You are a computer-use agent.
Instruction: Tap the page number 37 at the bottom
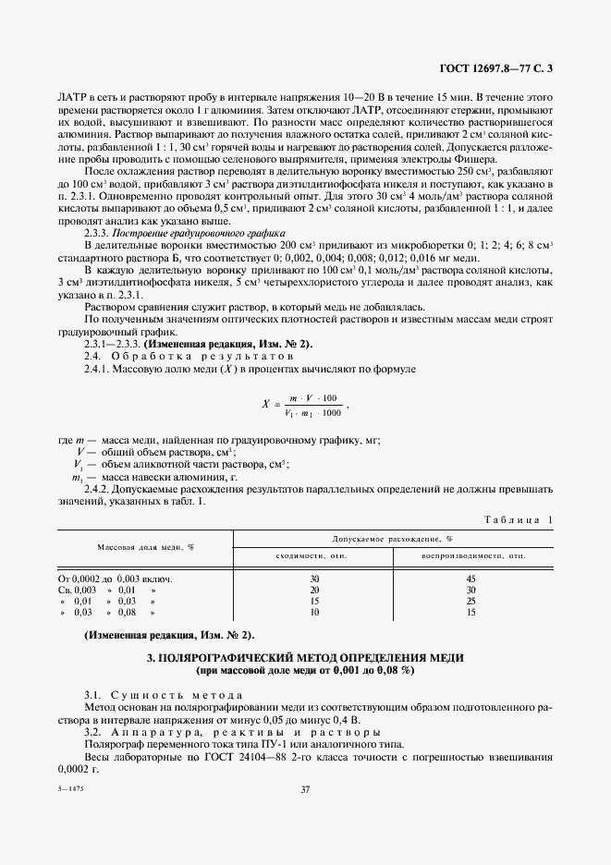305,788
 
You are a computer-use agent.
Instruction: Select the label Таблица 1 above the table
518,520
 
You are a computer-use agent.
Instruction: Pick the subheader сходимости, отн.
314,555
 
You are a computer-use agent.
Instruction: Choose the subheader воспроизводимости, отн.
473,555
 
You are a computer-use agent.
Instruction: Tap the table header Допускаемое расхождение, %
394,538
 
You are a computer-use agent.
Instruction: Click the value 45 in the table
471,579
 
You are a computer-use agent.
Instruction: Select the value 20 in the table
314,590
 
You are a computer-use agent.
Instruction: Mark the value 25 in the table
471,601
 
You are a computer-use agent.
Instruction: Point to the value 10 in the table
314,612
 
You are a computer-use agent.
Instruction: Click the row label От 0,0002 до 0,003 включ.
116,579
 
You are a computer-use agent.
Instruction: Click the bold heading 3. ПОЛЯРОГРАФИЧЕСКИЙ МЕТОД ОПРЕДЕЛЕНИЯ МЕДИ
305,657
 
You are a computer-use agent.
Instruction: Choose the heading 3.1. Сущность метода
164,694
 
